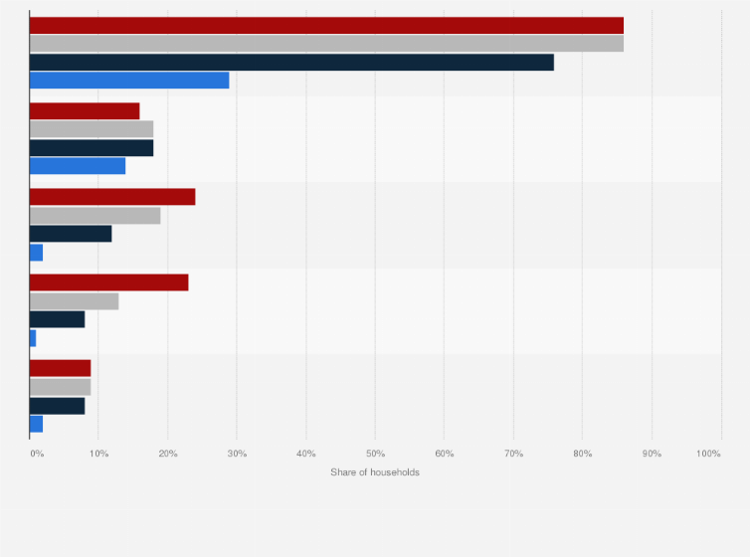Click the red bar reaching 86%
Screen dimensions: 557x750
(326, 25)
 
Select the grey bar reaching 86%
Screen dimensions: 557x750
(326, 44)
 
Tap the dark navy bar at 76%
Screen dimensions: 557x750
(291, 63)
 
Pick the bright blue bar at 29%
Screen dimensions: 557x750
(129, 81)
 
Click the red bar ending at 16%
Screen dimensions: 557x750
(85, 110)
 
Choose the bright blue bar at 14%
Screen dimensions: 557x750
(78, 166)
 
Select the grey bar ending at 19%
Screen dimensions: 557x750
(94, 215)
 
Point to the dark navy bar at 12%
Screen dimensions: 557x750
(71, 234)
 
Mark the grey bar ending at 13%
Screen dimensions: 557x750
(74, 301)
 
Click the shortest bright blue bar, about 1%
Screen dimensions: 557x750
(33, 338)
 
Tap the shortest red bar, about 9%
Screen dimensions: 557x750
(60, 368)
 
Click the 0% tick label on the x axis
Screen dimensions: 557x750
(36, 454)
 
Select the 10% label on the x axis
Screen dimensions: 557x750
(98, 454)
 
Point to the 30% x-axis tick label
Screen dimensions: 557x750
(237, 454)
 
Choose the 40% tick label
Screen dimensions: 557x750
(305, 454)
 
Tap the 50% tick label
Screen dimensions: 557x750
(375, 454)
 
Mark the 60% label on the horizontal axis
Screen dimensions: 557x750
(444, 454)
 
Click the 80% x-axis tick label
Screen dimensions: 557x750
(582, 454)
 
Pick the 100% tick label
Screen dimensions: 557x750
(708, 454)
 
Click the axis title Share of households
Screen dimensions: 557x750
(375, 471)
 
